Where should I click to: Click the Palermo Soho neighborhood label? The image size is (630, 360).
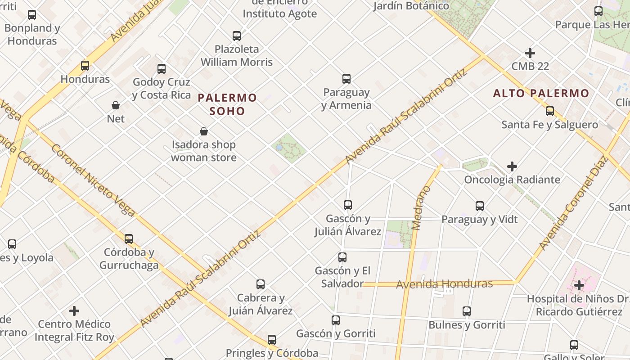point(227,104)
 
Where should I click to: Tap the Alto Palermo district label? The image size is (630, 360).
point(541,93)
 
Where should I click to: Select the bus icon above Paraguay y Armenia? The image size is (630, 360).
point(346,79)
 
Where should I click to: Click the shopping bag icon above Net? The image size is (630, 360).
point(116,105)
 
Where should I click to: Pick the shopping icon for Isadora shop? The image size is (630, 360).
point(204,131)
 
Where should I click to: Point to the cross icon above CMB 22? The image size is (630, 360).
point(530,53)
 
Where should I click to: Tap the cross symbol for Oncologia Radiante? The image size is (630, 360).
point(512,166)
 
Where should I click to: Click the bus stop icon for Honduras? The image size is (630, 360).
point(85,66)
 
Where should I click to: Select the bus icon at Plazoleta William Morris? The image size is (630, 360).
point(237,36)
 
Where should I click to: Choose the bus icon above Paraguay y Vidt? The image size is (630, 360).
point(480,206)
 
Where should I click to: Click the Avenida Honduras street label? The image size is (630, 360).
point(444,284)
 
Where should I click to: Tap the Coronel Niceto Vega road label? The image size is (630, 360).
point(92,180)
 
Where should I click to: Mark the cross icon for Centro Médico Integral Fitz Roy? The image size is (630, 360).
point(74,311)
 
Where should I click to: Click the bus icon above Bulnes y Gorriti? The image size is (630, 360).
point(467,311)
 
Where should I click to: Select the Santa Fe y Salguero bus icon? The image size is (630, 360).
point(549,111)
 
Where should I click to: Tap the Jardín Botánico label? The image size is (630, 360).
point(411,6)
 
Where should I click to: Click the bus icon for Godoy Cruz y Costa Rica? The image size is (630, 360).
point(162,69)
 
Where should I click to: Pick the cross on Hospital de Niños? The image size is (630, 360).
point(579,285)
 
